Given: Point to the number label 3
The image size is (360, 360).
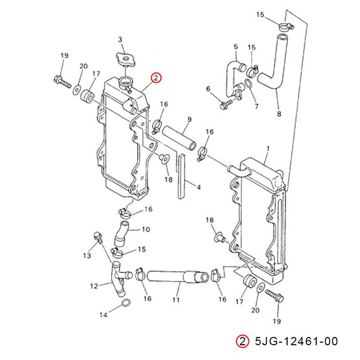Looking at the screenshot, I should (x=120, y=40).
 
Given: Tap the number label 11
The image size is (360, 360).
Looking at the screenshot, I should (x=176, y=299).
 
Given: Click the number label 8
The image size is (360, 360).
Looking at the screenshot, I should (x=279, y=114).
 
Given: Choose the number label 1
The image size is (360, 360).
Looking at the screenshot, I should (x=268, y=148).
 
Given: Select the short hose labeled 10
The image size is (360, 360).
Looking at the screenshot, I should (x=122, y=233).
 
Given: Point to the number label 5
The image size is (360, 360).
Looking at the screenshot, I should (x=235, y=46).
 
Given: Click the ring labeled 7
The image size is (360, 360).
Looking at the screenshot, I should (x=248, y=85).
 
